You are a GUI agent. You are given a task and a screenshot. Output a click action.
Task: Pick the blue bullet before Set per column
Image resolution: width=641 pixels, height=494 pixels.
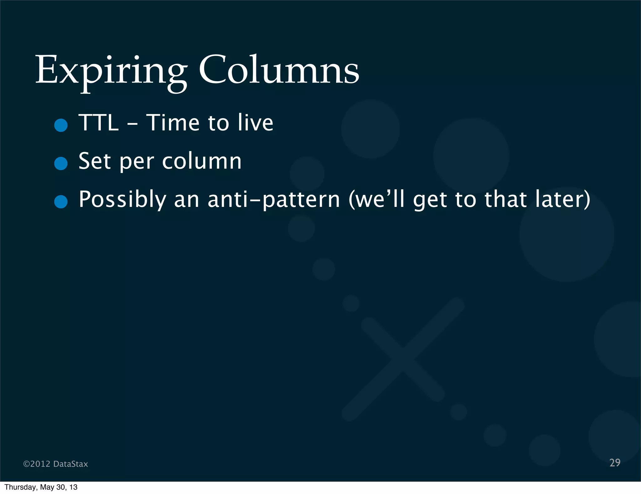[x=61, y=163]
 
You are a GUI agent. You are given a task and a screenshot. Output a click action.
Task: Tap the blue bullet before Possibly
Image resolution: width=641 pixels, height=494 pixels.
[x=61, y=202]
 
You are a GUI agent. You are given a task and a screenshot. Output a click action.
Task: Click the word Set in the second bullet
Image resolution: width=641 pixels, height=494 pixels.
[x=95, y=161]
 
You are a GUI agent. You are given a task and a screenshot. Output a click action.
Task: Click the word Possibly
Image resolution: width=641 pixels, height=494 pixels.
[x=122, y=200]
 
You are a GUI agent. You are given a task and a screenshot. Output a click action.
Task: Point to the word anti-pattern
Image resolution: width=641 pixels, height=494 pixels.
[x=274, y=200]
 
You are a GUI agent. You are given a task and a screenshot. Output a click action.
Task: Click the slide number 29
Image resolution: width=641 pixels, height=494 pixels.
[x=615, y=463]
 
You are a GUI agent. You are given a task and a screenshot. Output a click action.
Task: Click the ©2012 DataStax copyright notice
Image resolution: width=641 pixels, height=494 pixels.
[x=56, y=464]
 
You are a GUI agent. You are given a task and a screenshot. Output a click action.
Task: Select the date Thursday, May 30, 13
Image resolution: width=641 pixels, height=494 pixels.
[x=41, y=487]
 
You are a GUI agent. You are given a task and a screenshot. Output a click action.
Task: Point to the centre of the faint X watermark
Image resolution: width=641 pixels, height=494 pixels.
[x=403, y=359]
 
